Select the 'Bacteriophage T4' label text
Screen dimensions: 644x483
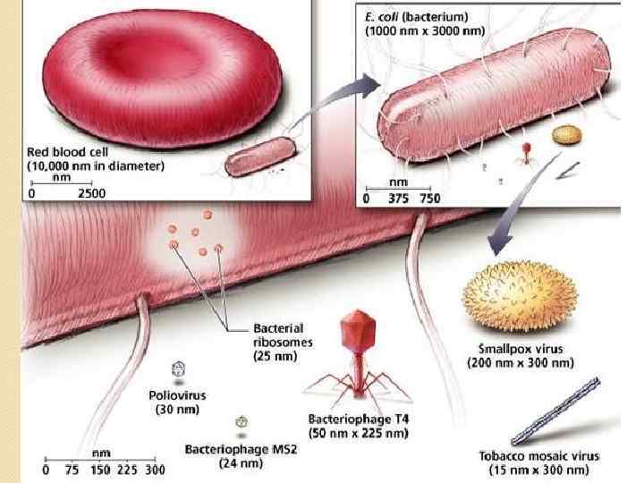tap(358, 419)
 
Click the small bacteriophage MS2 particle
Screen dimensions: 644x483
tap(241, 420)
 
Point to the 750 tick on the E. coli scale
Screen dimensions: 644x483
tap(429, 199)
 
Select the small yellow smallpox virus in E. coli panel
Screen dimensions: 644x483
tap(564, 135)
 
